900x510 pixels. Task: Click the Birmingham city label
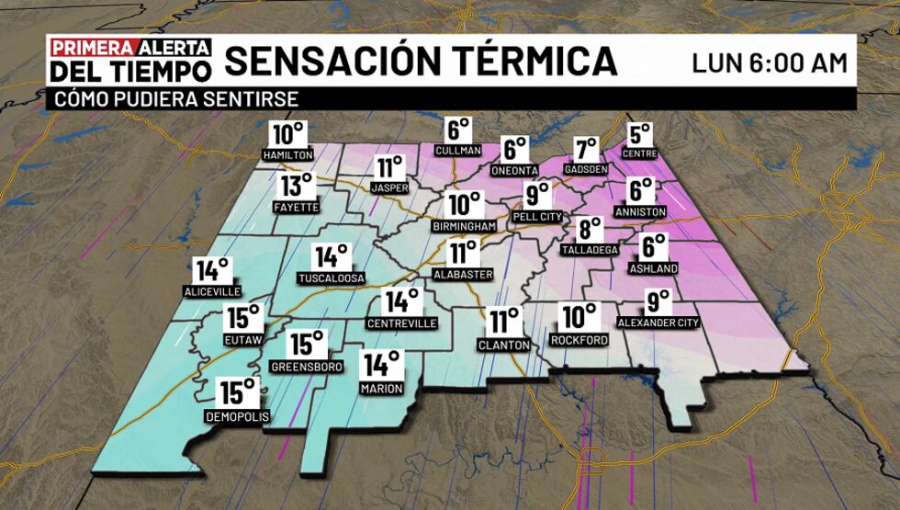point(464,225)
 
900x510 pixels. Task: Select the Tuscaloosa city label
point(332,278)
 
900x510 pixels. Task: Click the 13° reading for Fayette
point(297,187)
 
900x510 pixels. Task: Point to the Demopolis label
point(237,416)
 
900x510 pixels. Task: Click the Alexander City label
point(658,323)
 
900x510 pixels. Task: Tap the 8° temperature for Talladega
point(590,229)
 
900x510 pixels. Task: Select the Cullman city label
point(459,150)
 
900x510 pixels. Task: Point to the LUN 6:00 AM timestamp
point(769,62)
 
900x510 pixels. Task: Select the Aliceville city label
point(212,290)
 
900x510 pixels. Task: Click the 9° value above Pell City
point(537,194)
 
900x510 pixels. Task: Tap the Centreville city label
point(401,323)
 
